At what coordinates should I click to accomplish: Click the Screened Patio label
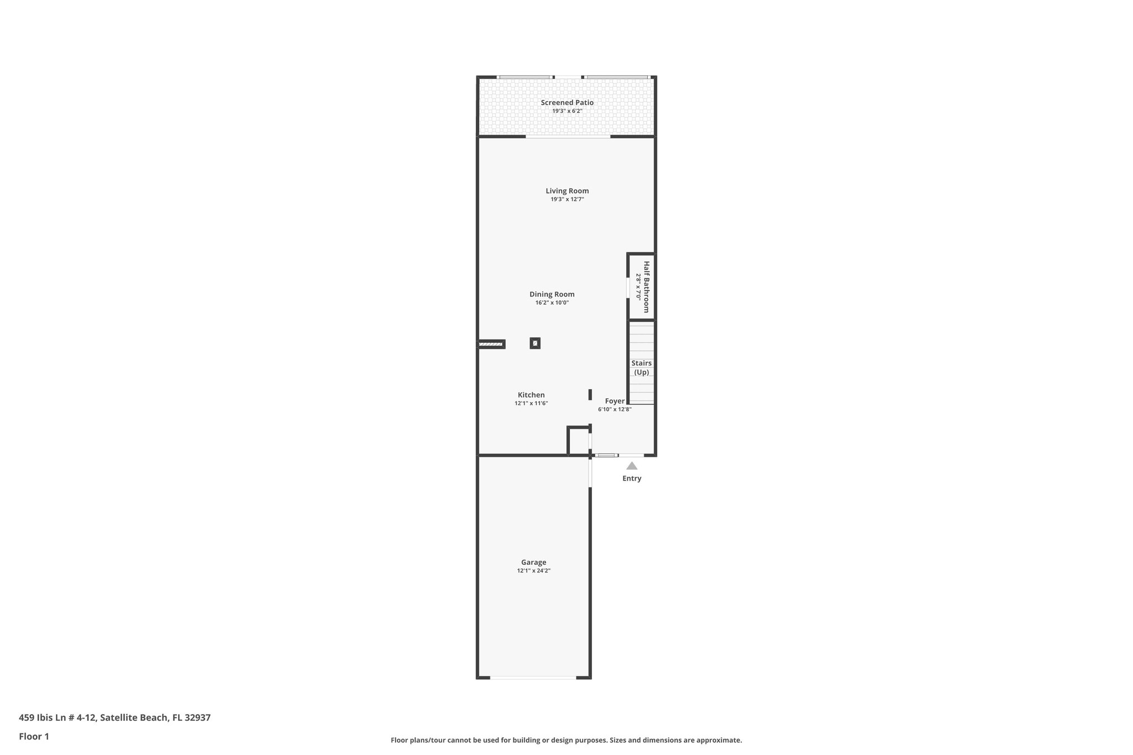567,102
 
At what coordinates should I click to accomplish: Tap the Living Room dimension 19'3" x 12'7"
567,199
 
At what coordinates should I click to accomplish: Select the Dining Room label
552,294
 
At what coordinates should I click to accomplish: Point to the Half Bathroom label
646,287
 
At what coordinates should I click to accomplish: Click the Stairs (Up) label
641,368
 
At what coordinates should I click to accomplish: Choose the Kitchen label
531,395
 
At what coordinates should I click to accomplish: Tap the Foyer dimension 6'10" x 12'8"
614,409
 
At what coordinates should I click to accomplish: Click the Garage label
533,563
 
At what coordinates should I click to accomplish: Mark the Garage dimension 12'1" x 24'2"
533,571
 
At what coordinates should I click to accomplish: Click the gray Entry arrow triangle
632,466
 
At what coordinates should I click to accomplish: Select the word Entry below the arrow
632,478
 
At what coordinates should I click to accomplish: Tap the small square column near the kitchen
535,343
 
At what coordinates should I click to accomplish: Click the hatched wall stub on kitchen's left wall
491,344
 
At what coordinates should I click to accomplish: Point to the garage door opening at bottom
533,678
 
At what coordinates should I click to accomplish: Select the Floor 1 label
34,737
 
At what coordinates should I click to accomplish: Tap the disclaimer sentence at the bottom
566,740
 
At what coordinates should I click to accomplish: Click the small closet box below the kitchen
579,441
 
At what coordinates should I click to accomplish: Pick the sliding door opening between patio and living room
568,137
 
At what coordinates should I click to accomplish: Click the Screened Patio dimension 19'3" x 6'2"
567,111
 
